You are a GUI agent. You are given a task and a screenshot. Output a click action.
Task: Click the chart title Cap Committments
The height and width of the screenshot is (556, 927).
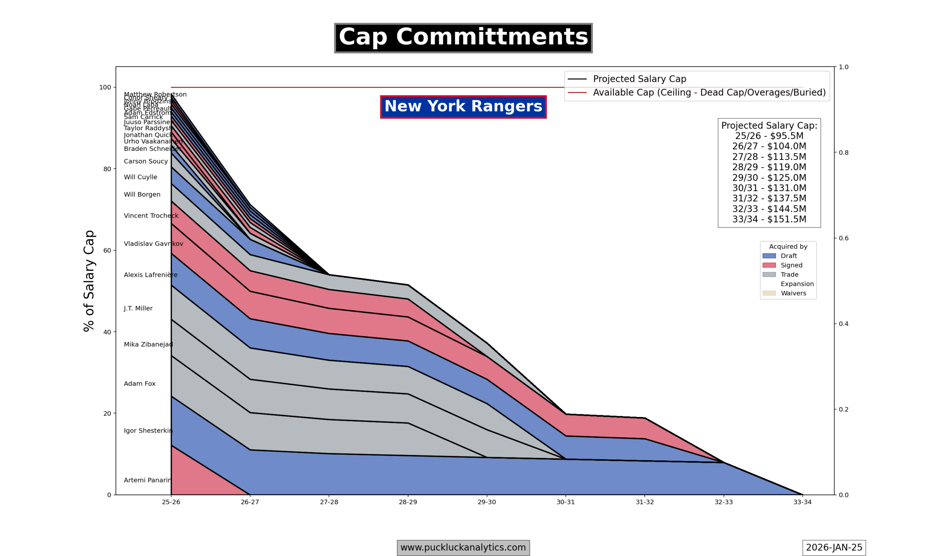463,38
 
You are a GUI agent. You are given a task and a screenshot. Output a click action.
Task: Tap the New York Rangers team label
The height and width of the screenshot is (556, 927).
463,106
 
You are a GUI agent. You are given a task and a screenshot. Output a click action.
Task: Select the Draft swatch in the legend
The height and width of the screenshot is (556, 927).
769,256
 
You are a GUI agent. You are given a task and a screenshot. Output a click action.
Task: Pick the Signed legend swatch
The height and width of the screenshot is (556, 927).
769,265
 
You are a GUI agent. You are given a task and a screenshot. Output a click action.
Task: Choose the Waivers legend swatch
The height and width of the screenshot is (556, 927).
769,293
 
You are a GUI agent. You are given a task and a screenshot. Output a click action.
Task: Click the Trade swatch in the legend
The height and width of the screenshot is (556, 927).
769,275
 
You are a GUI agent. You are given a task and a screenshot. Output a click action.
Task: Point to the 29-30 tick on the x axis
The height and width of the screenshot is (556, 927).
487,502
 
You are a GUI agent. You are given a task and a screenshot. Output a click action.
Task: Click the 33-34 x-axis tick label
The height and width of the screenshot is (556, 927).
802,502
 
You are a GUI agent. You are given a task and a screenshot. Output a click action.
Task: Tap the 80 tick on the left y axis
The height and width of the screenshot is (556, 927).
107,169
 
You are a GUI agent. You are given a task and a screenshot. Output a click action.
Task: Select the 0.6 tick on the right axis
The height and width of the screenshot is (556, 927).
843,238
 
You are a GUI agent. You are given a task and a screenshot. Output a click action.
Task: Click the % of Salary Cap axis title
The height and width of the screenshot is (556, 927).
89,281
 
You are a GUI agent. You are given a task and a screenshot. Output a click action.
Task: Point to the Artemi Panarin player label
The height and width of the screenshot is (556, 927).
148,480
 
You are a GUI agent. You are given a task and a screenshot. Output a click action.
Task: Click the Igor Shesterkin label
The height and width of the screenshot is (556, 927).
148,431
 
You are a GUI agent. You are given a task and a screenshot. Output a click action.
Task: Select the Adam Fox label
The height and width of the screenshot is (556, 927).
139,384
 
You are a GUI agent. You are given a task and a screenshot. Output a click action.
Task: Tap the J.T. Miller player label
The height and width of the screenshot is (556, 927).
138,309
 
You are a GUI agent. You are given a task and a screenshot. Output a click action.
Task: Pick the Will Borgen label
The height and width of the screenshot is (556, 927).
142,194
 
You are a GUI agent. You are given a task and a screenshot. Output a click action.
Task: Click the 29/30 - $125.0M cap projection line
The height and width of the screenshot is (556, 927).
769,178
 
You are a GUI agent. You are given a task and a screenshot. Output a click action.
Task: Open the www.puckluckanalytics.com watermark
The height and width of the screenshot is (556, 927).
463,547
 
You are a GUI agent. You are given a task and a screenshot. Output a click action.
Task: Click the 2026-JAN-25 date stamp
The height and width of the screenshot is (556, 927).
834,547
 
